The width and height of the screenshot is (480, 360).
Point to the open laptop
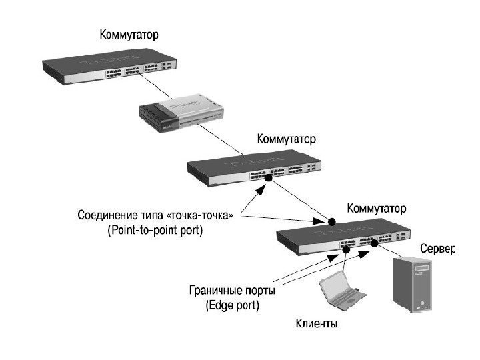tap(339, 289)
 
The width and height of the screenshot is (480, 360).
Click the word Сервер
tap(437, 249)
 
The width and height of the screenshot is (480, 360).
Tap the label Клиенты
tap(317, 325)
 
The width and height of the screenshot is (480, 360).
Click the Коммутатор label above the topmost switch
tap(129, 33)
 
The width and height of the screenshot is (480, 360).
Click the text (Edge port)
tap(231, 305)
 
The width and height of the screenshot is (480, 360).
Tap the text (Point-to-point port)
tap(155, 231)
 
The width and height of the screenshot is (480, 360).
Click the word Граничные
tap(211, 291)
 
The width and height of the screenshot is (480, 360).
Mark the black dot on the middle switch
tap(269, 179)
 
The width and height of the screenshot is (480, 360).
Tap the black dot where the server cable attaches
tap(374, 245)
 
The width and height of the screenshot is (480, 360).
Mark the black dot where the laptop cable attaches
tap(347, 248)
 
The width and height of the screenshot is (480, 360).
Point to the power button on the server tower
tap(421, 306)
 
